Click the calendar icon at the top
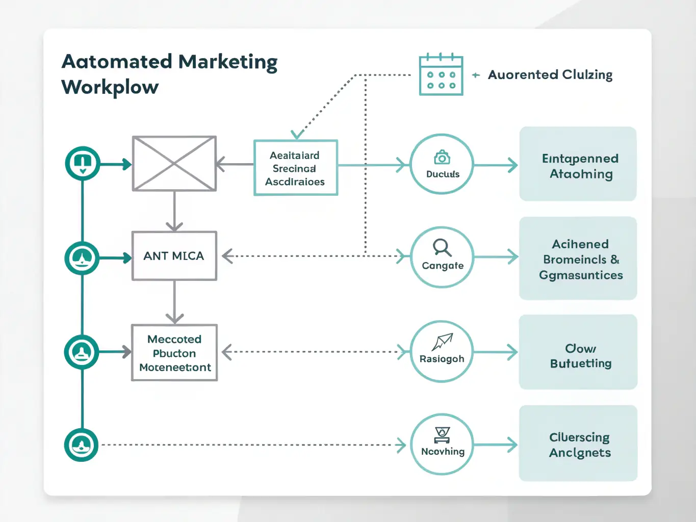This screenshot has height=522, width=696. click(x=441, y=75)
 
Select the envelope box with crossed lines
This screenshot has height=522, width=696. click(x=174, y=164)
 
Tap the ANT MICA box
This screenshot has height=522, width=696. click(x=174, y=256)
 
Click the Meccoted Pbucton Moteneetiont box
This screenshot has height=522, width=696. click(x=174, y=353)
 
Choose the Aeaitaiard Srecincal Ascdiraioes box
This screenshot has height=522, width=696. click(x=295, y=168)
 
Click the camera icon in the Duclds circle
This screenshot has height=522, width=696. click(x=442, y=158)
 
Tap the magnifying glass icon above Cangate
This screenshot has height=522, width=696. click(x=442, y=248)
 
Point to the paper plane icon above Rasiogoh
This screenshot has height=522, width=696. click(x=442, y=342)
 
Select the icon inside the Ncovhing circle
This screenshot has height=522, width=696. click(x=442, y=435)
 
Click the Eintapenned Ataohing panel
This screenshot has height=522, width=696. click(x=578, y=164)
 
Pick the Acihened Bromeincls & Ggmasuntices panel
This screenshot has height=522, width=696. click(x=578, y=258)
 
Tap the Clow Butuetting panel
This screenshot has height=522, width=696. click(x=578, y=352)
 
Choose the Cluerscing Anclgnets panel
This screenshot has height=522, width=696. click(x=578, y=443)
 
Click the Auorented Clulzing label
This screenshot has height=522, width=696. click(x=550, y=75)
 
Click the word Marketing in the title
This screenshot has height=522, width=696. click(x=228, y=62)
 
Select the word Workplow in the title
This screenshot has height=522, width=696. click(x=110, y=87)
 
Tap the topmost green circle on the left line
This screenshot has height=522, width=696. click(x=83, y=163)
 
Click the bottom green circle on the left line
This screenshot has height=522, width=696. click(x=82, y=445)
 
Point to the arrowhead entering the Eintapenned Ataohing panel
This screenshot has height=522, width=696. click(x=512, y=165)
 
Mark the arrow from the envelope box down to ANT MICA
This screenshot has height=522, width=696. click(x=174, y=212)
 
